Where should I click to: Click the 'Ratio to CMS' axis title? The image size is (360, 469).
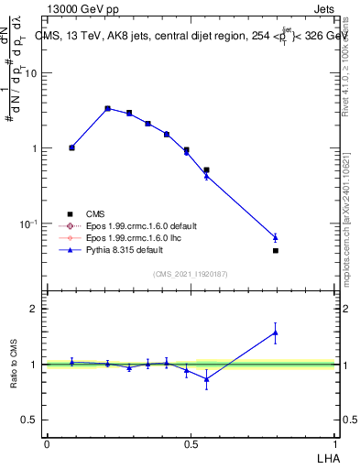pos(14,365)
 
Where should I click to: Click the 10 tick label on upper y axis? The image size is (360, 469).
pos(32,73)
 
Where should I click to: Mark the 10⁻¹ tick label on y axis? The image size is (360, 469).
pos(29,224)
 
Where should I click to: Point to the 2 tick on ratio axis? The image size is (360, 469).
pos(36,309)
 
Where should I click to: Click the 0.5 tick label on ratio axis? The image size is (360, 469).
pos(31,420)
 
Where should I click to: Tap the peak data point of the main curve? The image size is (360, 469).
pos(107,108)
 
